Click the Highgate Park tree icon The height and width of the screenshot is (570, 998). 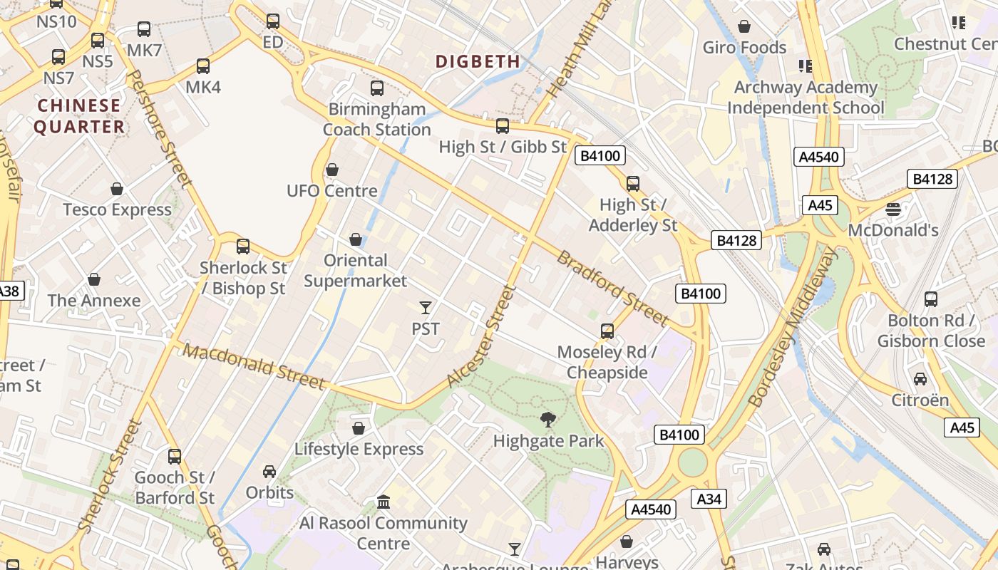pos(547,420)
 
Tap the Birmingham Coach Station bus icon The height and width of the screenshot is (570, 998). pos(377,88)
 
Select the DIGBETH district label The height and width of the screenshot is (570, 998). pos(478,61)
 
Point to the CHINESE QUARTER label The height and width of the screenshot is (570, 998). pos(80,116)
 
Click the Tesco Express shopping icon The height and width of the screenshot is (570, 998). pos(117,189)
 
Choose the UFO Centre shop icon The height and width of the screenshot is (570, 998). pos(331,170)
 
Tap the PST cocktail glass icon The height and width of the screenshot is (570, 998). pos(426,308)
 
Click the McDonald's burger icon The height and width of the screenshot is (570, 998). pos(892,209)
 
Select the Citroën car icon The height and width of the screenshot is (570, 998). pos(920,379)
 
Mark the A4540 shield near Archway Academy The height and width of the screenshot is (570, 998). pos(819,157)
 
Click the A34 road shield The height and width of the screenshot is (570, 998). pos(709,499)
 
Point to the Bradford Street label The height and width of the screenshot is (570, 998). pos(612,287)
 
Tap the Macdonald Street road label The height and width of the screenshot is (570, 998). pos(254,366)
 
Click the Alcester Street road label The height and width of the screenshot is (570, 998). pos(480,336)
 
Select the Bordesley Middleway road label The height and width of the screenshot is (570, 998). pos(791,327)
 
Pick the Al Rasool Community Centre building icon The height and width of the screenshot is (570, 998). pos(384,502)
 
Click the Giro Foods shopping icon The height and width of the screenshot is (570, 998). pos(744,27)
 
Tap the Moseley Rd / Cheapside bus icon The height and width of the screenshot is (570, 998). pos(607,331)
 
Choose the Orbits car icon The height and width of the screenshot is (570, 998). pos(269,472)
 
